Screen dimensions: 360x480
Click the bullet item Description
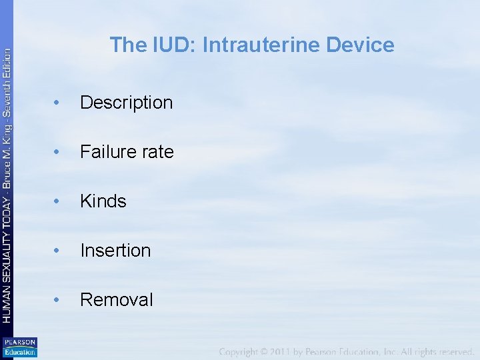tap(126, 102)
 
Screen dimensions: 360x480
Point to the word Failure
tap(107, 151)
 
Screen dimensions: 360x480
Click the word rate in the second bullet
tap(157, 152)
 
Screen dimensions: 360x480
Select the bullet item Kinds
tap(103, 201)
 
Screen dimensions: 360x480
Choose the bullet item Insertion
tap(115, 250)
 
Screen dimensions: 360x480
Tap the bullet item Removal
tap(116, 299)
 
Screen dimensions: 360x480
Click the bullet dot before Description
tap(59, 103)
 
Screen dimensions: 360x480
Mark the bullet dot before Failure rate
tap(59, 152)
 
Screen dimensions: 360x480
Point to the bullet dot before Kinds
tap(59, 201)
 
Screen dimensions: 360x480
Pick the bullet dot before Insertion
tap(59, 251)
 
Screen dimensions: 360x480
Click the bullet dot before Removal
tap(59, 300)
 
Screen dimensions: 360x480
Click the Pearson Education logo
tap(19, 347)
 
